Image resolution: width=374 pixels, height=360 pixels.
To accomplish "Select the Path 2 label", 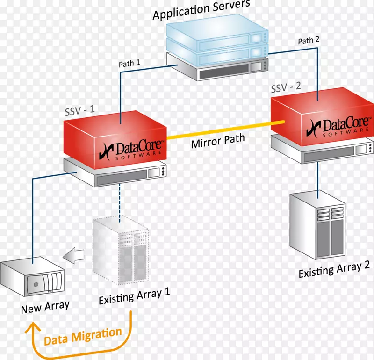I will [309, 41].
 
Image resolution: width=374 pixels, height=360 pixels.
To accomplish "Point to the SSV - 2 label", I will [287, 87].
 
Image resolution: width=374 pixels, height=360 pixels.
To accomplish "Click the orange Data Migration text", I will [83, 336].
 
